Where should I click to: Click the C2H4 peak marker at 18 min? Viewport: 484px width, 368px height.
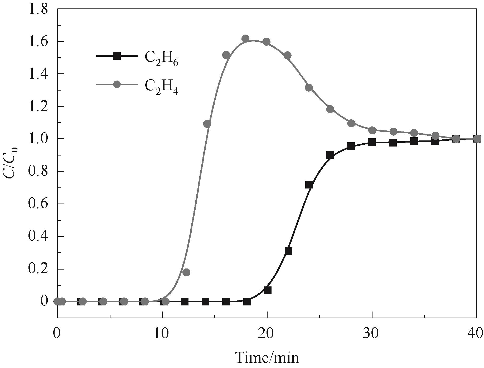point(245,39)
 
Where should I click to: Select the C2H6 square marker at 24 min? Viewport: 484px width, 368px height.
point(309,185)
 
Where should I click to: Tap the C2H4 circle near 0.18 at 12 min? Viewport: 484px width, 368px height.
point(186,272)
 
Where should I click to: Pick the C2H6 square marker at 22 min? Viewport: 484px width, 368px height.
point(288,251)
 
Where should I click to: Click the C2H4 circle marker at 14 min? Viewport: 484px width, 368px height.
point(207,124)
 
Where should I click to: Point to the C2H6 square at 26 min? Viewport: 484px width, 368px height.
point(330,155)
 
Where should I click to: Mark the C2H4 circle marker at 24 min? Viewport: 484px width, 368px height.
point(309,88)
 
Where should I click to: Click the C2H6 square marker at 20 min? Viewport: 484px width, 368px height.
point(268,290)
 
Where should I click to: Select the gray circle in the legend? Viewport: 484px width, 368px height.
point(117,84)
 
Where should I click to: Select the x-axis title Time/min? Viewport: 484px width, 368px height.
point(267,358)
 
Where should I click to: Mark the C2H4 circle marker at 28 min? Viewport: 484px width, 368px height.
point(351,123)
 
